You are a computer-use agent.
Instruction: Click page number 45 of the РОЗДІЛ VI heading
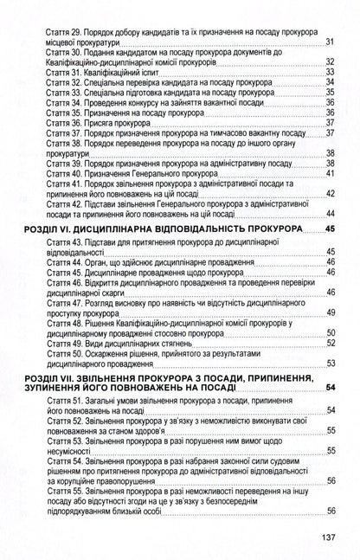pyautogui.click(x=329, y=229)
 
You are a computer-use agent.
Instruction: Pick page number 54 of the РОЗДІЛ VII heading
pyautogui.click(x=329, y=387)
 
